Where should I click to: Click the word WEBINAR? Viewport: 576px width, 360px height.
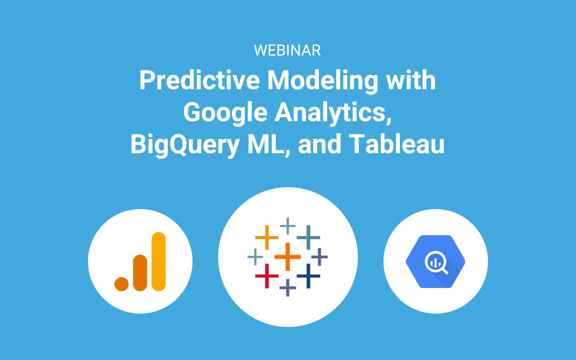click(287, 51)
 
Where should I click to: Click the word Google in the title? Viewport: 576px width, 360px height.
click(225, 113)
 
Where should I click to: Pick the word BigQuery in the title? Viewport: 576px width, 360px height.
click(185, 145)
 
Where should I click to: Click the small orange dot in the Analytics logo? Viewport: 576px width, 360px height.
click(122, 284)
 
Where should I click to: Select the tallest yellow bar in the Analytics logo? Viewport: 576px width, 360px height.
click(159, 261)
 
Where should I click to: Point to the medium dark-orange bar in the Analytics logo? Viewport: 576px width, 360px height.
click(140, 273)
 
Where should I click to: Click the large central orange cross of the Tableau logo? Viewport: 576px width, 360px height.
click(287, 257)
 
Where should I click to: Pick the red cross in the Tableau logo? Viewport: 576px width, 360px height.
click(267, 276)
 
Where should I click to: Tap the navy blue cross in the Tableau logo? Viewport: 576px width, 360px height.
click(308, 276)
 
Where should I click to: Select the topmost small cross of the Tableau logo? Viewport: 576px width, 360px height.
click(287, 226)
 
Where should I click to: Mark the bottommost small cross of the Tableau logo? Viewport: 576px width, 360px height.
click(287, 287)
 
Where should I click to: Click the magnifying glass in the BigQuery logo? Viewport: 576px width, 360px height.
click(436, 263)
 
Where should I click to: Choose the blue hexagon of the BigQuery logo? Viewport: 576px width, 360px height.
click(435, 261)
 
